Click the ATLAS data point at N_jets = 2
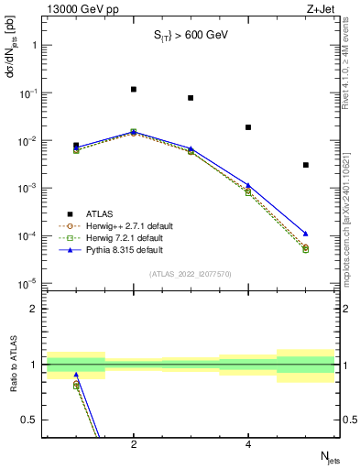coord(134,90)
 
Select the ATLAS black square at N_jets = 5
coord(306,165)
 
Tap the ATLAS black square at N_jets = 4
coord(248,127)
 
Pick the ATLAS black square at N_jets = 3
coord(191,98)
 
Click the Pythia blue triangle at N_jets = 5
coord(306,234)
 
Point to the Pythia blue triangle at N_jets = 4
coord(248,185)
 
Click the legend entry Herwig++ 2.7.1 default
coord(127,225)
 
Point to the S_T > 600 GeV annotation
coord(190,36)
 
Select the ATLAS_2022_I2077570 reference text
coord(190,274)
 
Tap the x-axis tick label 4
coord(248,445)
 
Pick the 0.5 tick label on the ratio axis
coord(31,420)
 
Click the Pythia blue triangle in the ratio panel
coord(76,375)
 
